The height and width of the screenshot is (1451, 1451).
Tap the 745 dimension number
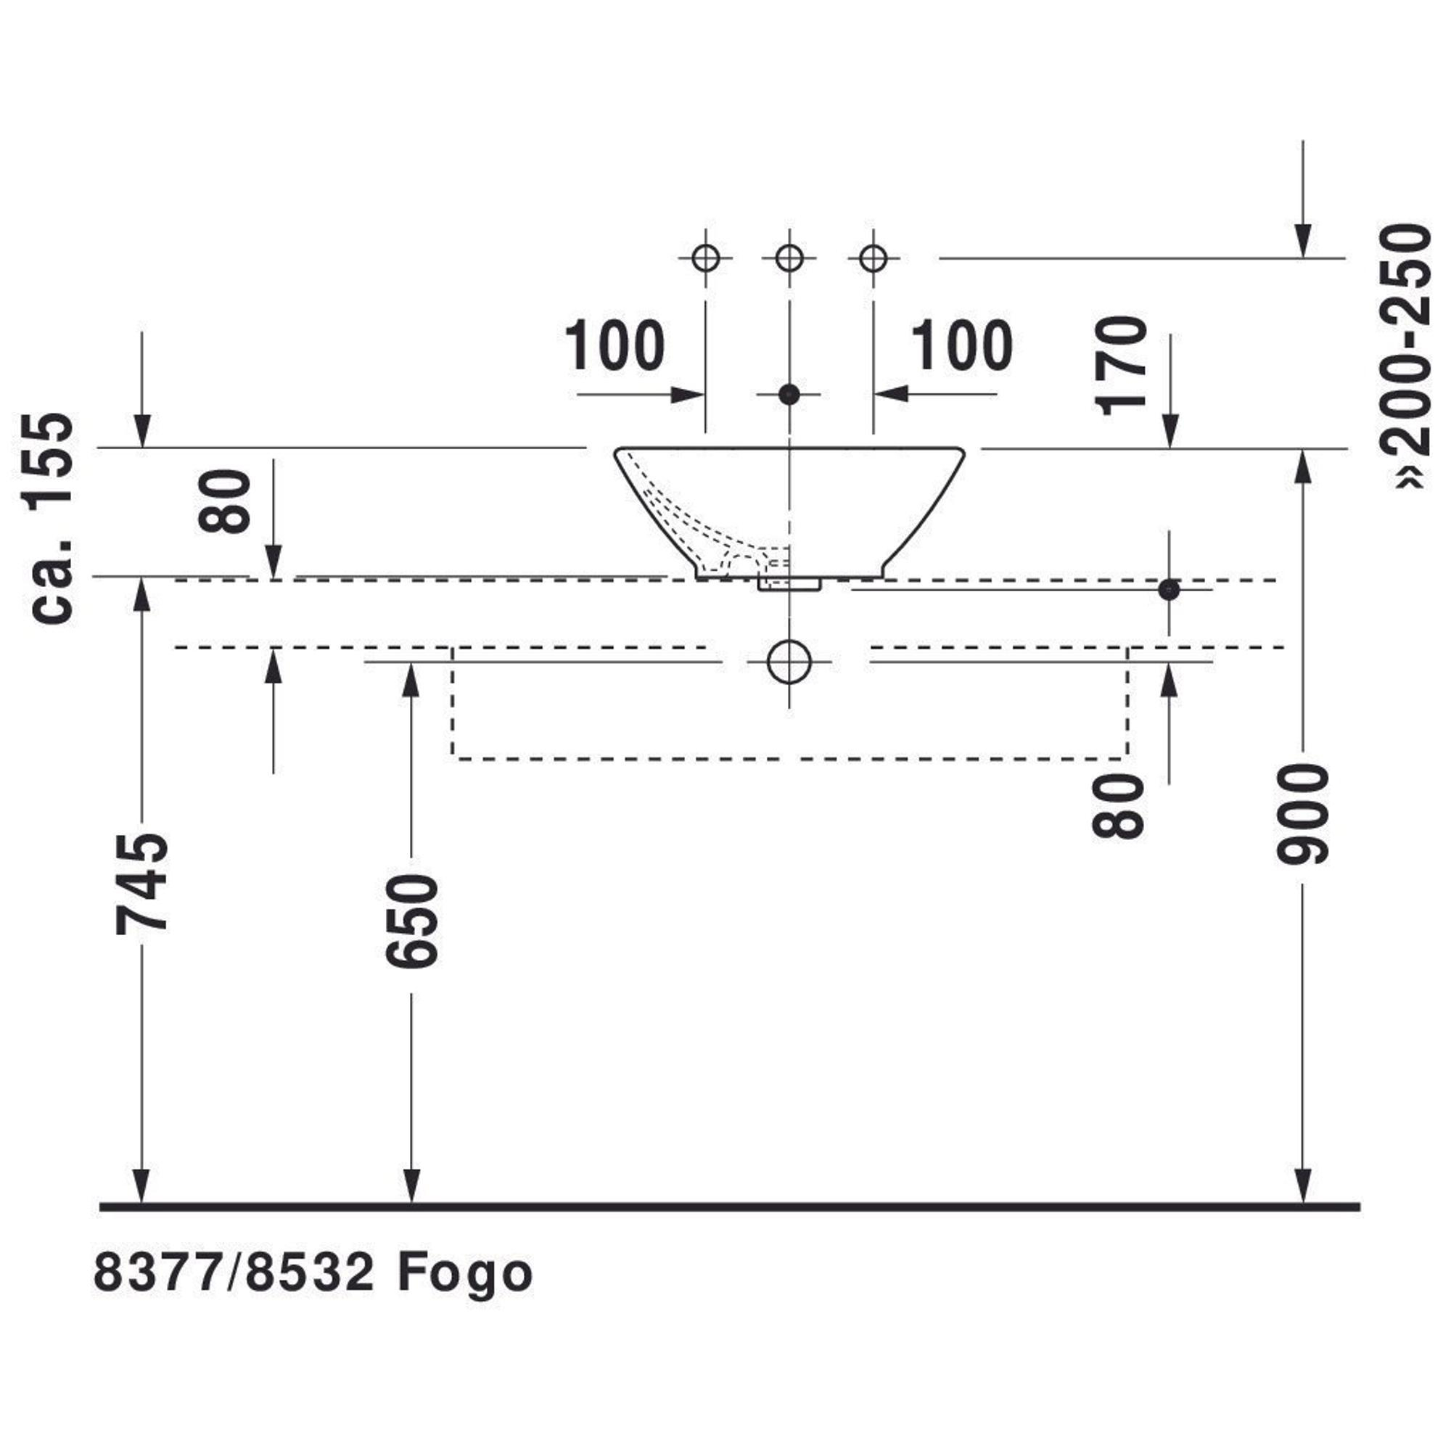point(142,883)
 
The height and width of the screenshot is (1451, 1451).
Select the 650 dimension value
point(411,921)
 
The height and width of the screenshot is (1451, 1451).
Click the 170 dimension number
point(1122,366)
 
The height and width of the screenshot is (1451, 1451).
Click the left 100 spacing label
point(614,345)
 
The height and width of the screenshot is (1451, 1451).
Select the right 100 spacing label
point(962,345)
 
